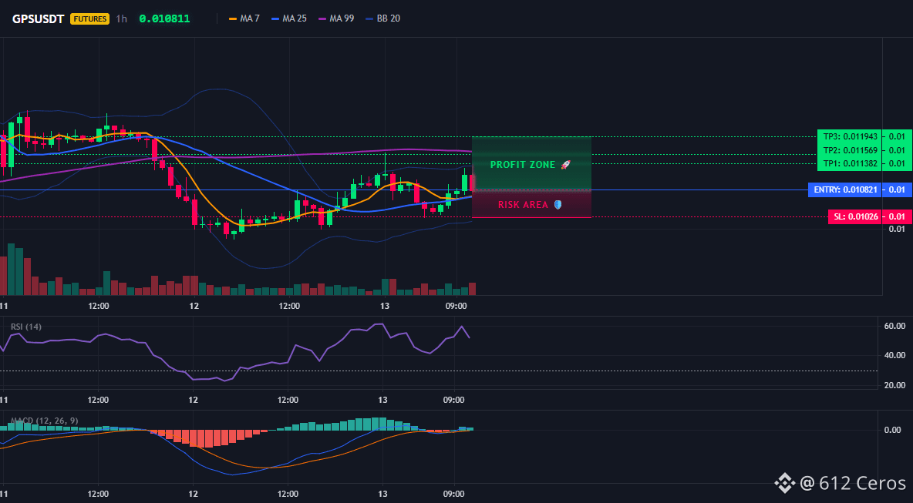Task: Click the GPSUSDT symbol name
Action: tap(39, 18)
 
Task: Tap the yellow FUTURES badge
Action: tap(89, 18)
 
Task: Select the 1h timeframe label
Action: tap(121, 18)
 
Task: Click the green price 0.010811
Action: tap(164, 18)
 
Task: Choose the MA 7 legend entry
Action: tap(244, 18)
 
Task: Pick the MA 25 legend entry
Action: tap(289, 18)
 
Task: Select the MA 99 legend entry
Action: tap(336, 18)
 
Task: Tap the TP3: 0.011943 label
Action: tap(850, 136)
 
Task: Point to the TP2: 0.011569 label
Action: tap(850, 150)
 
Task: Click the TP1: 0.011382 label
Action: tap(850, 163)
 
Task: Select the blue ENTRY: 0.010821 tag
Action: tap(844, 189)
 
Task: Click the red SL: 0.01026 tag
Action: tap(854, 217)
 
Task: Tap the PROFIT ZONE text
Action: tap(523, 165)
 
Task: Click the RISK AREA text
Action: tap(523, 205)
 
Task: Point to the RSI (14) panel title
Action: tap(26, 327)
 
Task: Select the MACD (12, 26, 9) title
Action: tap(44, 421)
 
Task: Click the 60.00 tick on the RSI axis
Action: tap(894, 326)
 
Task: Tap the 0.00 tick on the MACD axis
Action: tap(893, 430)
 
